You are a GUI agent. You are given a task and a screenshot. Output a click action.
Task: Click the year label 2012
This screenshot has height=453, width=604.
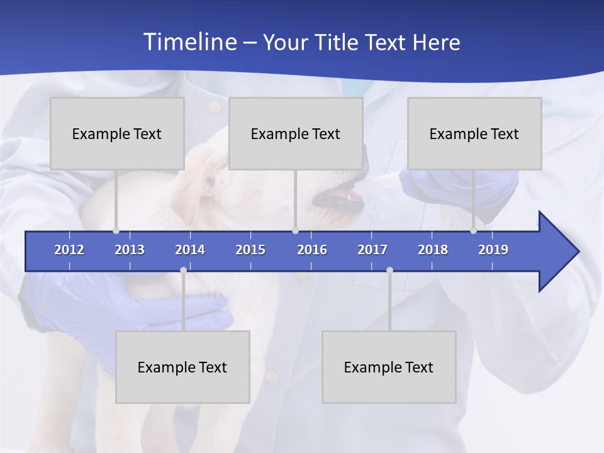pos(69,250)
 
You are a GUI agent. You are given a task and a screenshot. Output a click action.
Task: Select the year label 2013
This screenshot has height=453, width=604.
pos(130,250)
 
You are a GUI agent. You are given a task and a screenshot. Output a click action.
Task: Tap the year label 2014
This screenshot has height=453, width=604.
pos(190,250)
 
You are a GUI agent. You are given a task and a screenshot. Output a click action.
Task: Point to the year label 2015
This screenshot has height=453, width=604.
pos(250,250)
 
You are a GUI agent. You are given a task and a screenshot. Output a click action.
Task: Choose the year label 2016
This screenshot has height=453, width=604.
pos(312,250)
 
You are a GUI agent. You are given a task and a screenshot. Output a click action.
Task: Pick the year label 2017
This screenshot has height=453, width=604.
pos(372,250)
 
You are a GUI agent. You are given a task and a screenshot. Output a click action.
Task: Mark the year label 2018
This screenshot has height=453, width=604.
pos(433,250)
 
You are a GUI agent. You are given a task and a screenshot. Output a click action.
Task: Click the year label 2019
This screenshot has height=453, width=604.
pos(493,250)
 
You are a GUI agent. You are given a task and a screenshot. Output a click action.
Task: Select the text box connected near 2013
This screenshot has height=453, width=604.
pos(117,133)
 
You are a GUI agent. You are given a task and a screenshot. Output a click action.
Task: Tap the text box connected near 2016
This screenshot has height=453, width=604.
pos(296,133)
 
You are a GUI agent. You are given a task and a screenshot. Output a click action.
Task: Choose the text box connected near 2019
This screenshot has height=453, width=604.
pos(474,133)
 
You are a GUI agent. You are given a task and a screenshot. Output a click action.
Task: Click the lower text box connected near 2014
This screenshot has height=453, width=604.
pos(182,367)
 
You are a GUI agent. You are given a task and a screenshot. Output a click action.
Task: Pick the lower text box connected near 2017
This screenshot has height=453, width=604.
pos(389,367)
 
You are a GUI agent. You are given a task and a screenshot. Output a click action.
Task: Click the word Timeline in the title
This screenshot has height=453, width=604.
pos(190,42)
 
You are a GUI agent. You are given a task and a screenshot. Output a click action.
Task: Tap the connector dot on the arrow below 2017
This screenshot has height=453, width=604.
pos(389,271)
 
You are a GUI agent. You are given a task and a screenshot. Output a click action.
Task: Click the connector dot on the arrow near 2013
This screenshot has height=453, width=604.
pos(116,231)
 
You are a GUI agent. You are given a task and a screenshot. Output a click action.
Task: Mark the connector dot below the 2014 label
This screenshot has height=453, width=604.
pos(183,271)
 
